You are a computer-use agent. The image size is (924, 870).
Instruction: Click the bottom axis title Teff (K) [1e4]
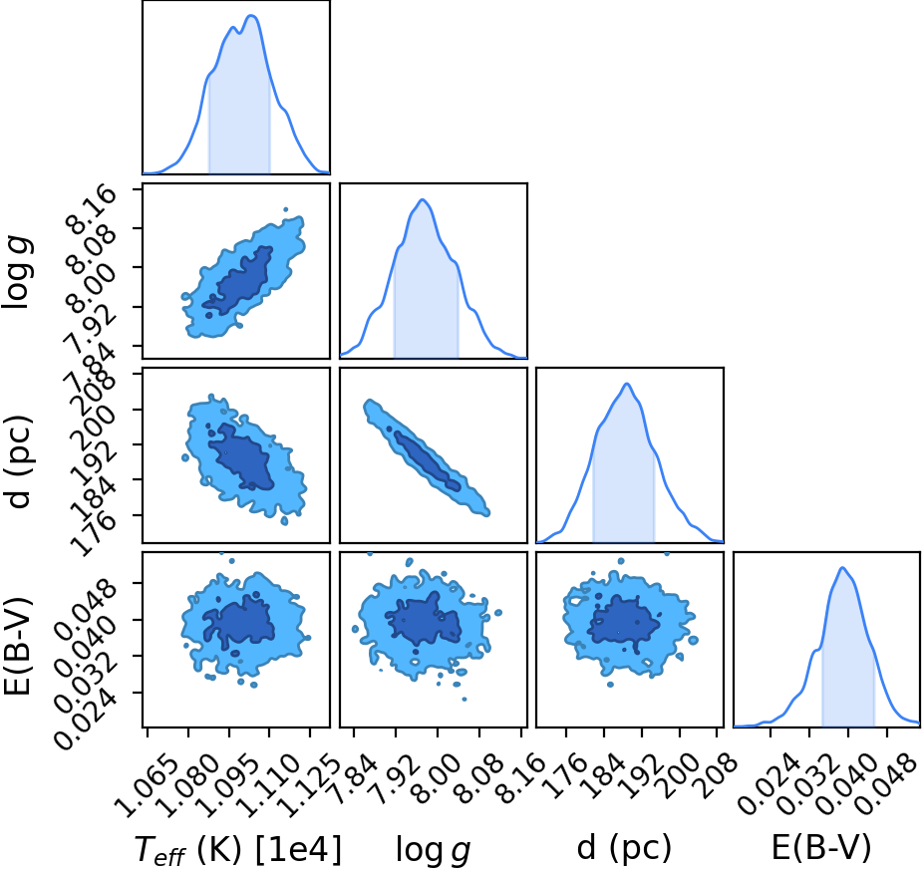click(238, 850)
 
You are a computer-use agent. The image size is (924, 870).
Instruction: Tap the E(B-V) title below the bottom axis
click(821, 849)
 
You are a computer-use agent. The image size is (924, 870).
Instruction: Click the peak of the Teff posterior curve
click(251, 15)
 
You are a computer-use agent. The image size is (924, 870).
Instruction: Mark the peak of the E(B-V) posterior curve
click(842, 568)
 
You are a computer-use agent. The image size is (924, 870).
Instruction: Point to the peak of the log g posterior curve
click(423, 199)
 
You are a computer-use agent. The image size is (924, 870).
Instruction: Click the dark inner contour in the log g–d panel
click(428, 461)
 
